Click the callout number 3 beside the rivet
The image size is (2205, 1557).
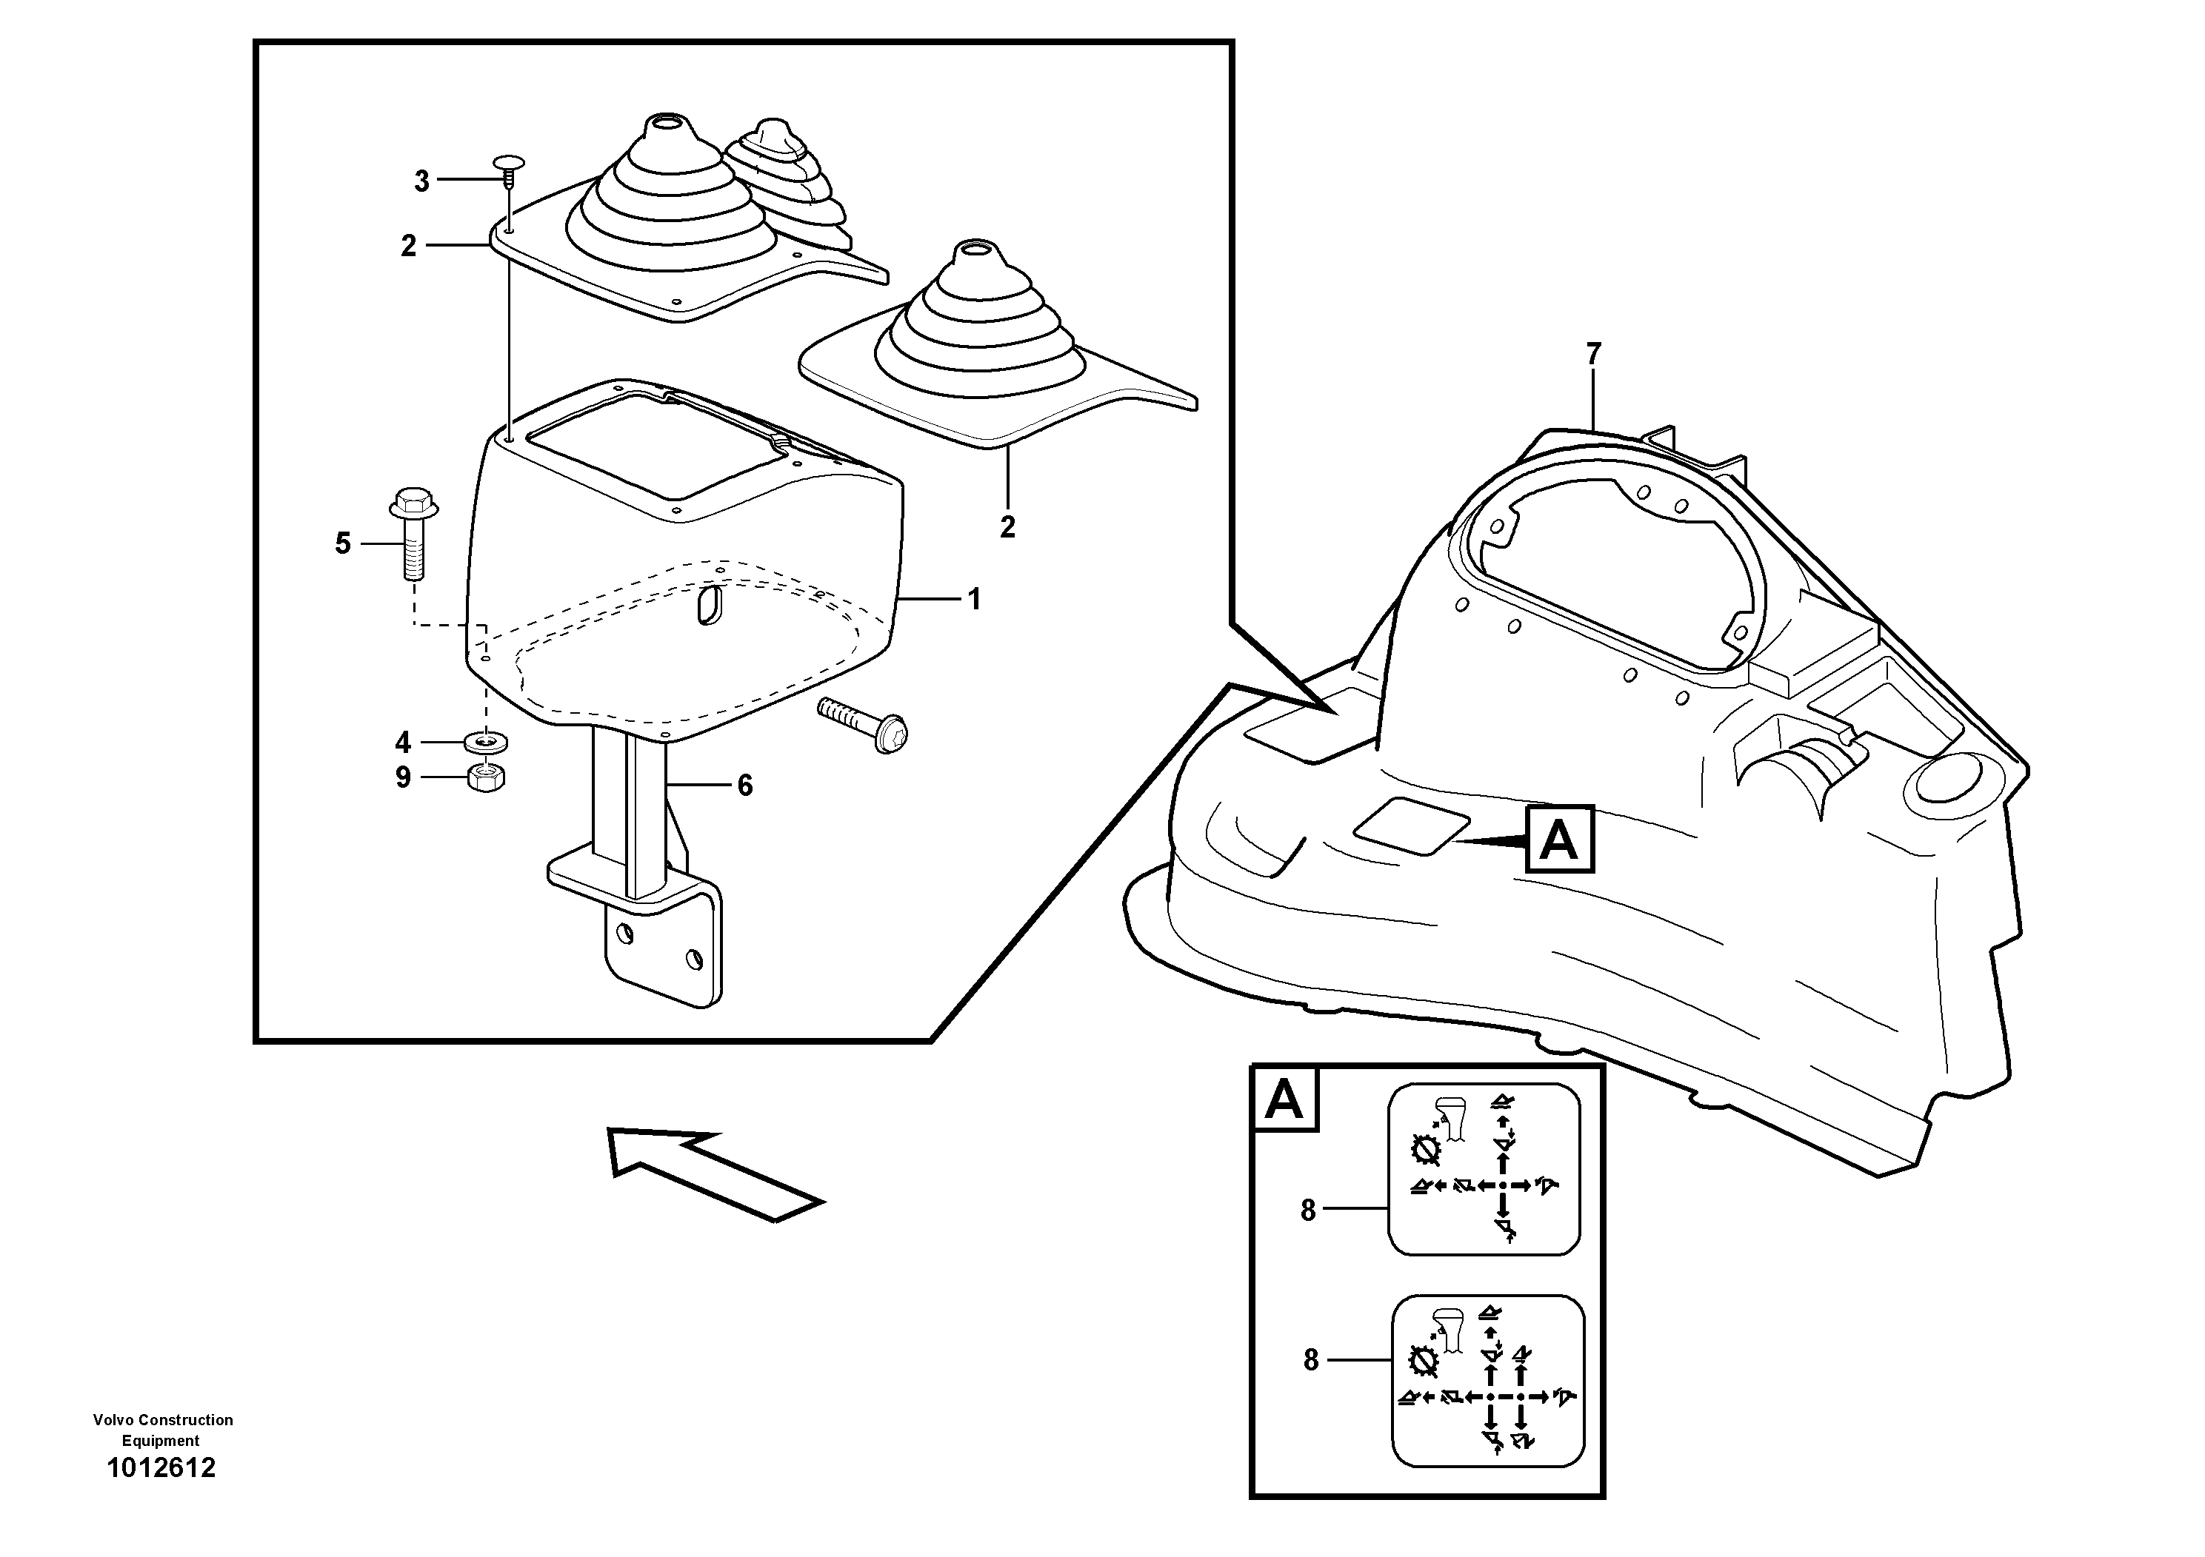point(421,181)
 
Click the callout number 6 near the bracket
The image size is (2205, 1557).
point(745,786)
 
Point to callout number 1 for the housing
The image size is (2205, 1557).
point(975,600)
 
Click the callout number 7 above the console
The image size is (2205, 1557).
point(1593,354)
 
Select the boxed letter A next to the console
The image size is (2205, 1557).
point(1558,840)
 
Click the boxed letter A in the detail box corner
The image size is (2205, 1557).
point(1284,1100)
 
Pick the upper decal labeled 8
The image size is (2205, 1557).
point(1484,1169)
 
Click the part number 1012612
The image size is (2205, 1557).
point(161,1467)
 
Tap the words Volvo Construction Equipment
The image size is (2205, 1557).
point(162,1430)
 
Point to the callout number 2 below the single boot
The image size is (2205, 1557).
point(1007,527)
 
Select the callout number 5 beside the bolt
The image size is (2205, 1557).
point(343,544)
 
